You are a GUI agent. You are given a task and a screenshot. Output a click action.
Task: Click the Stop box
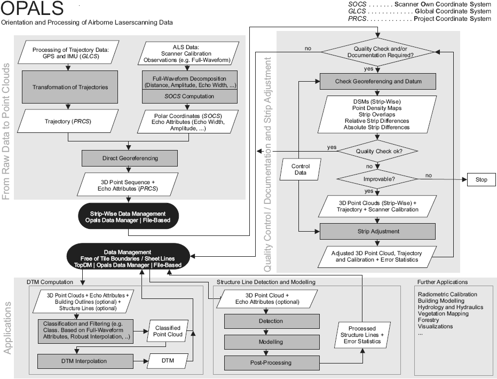point(481,180)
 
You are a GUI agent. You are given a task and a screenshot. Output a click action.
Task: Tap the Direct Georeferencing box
point(129,159)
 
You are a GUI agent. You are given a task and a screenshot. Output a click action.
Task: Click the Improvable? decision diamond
point(378,179)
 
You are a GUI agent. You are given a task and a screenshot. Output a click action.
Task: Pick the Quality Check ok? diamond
point(378,151)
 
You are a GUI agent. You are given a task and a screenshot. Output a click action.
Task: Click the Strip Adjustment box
point(378,231)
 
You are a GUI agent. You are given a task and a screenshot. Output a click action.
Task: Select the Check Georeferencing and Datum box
point(378,82)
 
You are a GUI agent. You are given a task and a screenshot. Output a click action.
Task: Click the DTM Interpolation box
point(85,361)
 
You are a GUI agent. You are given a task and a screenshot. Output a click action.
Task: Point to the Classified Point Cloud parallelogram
point(168,331)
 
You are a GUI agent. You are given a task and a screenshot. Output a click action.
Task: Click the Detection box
point(272,321)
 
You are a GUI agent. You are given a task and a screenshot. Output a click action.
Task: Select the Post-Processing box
point(272,363)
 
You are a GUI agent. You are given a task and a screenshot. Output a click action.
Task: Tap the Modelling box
point(272,342)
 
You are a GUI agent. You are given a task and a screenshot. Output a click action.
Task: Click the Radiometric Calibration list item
point(447,294)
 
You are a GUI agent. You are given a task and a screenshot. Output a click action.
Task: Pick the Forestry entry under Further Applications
point(429,320)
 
